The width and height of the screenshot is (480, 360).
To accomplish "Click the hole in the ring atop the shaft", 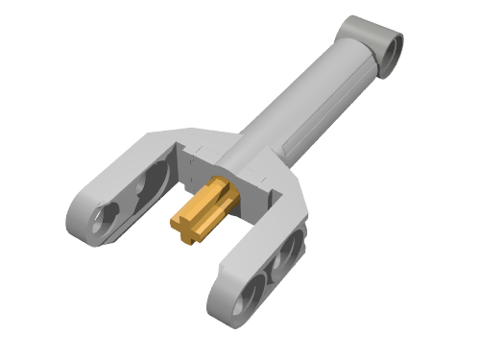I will click(392, 44).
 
